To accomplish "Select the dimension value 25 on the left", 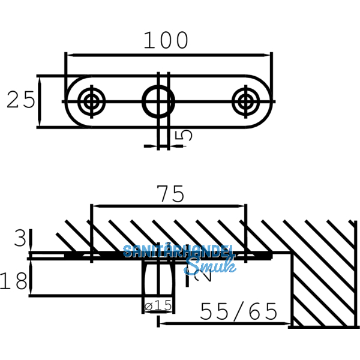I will [x=21, y=100].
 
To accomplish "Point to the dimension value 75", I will [x=169, y=194].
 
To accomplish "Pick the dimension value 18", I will [x=15, y=280].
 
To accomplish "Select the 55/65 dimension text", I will [x=238, y=311].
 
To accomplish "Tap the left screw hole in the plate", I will [x=91, y=101].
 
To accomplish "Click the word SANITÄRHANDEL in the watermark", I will [x=178, y=251].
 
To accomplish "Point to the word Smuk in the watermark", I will [x=209, y=266].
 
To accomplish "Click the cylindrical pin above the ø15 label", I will [x=159, y=279].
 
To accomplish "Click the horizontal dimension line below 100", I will [x=168, y=54].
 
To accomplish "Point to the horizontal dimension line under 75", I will [x=168, y=206].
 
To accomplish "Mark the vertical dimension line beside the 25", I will [x=38, y=101].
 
